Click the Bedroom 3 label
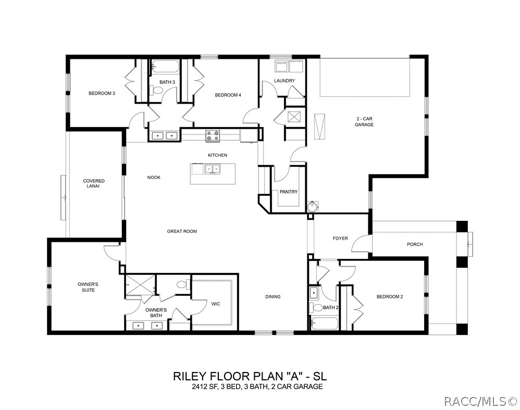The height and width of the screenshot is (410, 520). (x=102, y=93)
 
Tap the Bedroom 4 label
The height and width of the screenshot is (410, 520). (x=228, y=95)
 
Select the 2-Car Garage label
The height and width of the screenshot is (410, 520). (x=364, y=121)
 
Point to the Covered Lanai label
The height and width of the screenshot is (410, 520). (x=94, y=183)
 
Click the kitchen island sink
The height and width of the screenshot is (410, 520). (x=212, y=169)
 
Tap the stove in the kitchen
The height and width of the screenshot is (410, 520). (x=212, y=136)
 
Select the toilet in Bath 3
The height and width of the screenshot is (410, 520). (x=157, y=90)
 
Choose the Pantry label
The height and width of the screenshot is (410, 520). (x=289, y=192)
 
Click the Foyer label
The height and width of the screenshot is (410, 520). (x=340, y=239)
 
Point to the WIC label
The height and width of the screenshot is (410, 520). (x=216, y=304)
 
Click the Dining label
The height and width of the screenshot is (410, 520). (x=273, y=297)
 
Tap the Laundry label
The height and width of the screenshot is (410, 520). (x=285, y=81)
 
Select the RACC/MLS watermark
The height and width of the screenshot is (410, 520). (x=479, y=401)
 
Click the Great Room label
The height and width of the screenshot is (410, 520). (x=182, y=231)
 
